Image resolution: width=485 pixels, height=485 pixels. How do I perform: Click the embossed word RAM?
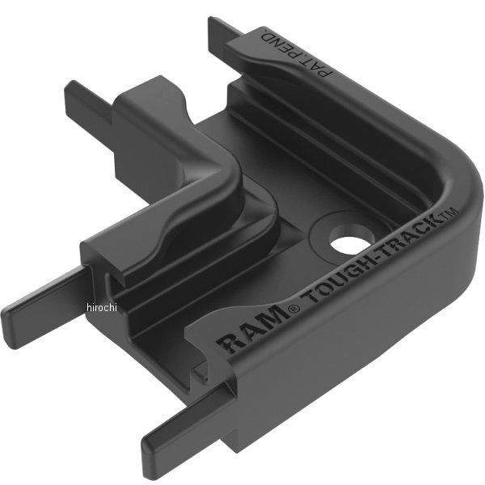252,330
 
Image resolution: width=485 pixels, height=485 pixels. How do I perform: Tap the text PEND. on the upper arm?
280,44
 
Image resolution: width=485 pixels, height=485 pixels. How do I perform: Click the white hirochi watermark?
102,308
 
